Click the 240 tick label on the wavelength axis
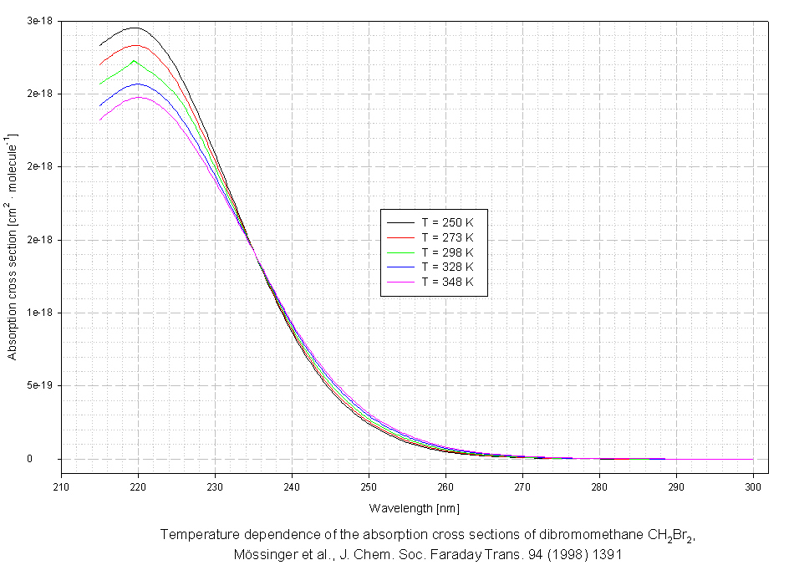(x=292, y=486)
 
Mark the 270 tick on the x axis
(x=522, y=486)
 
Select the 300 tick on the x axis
(x=753, y=486)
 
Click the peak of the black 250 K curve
(x=134, y=28)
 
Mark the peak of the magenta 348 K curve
(x=139, y=97)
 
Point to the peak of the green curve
(x=134, y=60)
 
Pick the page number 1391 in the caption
(x=608, y=553)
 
